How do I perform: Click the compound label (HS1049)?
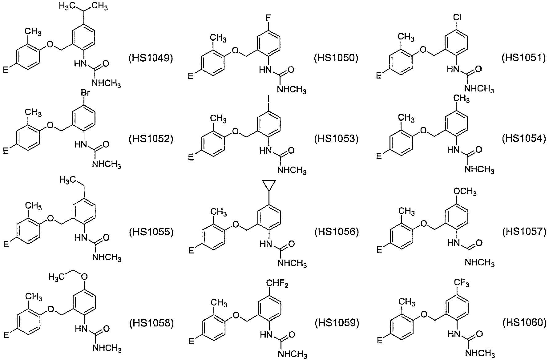point(151,58)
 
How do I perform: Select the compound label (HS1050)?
point(337,58)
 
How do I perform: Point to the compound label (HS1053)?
point(337,139)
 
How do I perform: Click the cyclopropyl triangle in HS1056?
point(269,186)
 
